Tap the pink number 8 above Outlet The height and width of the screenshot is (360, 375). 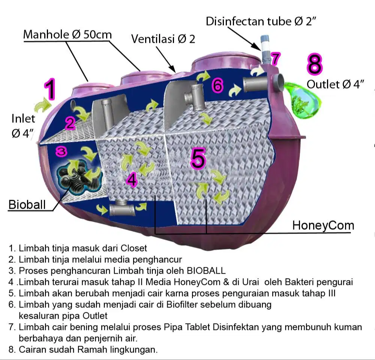click(315, 64)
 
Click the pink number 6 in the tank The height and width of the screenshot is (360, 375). click(217, 86)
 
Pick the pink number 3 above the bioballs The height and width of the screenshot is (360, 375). click(61, 152)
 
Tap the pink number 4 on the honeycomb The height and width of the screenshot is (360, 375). click(132, 179)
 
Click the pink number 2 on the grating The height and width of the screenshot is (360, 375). click(70, 124)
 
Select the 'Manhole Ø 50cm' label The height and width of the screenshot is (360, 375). click(67, 35)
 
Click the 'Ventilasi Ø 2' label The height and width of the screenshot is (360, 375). click(163, 39)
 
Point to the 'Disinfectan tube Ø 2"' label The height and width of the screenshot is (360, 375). click(261, 21)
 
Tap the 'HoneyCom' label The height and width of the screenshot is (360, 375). click(323, 226)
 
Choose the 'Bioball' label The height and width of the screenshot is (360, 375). click(27, 205)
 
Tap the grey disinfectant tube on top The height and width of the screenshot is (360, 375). click(265, 50)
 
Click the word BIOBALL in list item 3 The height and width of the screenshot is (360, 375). click(206, 271)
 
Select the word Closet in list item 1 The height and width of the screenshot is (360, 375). click(134, 248)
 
